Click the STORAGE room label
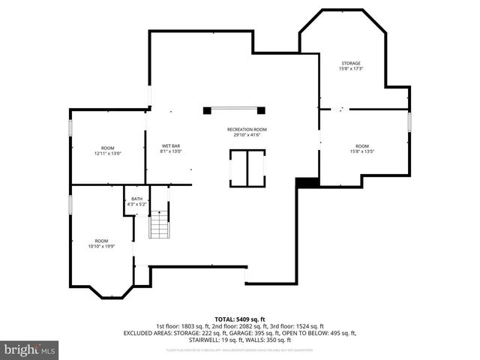(351, 63)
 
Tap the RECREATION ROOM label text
(247, 129)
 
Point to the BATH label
(137, 198)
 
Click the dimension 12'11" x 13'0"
(107, 153)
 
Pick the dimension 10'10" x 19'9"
(100, 246)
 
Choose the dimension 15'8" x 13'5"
(362, 151)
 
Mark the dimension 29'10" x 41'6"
(247, 135)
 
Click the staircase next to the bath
(159, 225)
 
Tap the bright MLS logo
(30, 349)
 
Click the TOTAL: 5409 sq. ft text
(239, 319)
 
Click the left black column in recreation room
(207, 111)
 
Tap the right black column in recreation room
(261, 111)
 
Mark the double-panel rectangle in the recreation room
(247, 168)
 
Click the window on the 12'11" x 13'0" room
(71, 127)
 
